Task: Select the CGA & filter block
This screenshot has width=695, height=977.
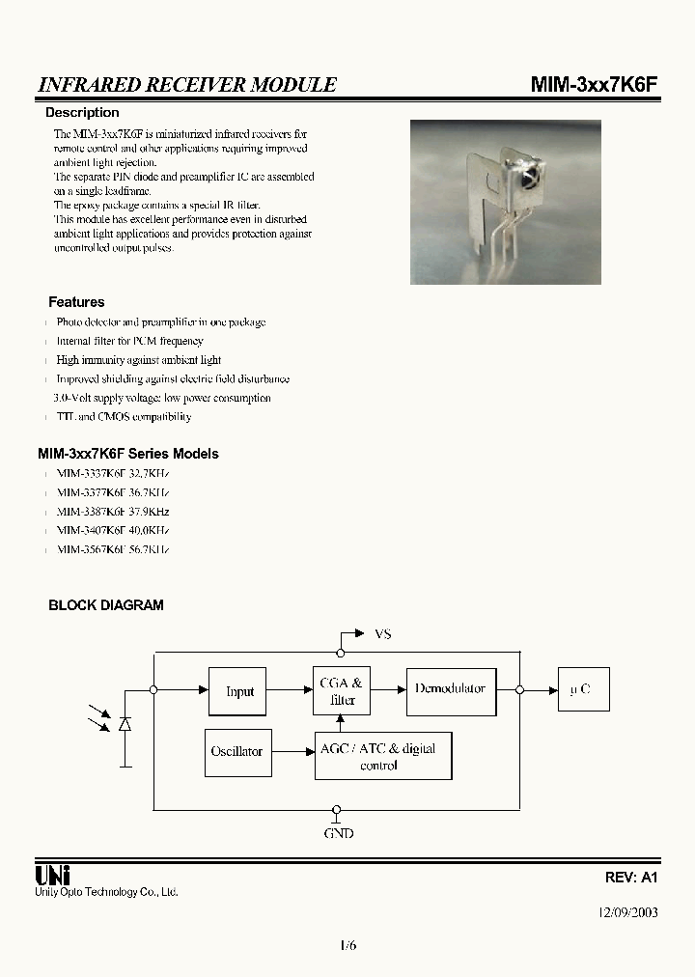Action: pyautogui.click(x=342, y=691)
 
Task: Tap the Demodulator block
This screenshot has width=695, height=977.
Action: pyautogui.click(x=451, y=689)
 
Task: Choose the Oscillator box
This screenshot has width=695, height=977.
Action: pyautogui.click(x=236, y=751)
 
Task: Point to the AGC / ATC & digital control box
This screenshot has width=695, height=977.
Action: pyautogui.click(x=383, y=756)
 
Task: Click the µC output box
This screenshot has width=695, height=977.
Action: pyautogui.click(x=583, y=690)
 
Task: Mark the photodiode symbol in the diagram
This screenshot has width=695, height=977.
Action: pyautogui.click(x=125, y=723)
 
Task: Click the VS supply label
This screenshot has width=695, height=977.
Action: pyautogui.click(x=382, y=634)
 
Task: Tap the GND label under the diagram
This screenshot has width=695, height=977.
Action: pyautogui.click(x=338, y=832)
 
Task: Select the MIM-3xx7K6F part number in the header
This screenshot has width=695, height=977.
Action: pyautogui.click(x=595, y=85)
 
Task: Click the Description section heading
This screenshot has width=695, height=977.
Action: pyautogui.click(x=82, y=113)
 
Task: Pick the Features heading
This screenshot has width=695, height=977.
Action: pyautogui.click(x=76, y=302)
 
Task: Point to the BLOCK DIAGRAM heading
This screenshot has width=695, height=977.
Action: pyautogui.click(x=106, y=605)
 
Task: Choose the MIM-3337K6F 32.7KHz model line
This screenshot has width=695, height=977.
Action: pyautogui.click(x=113, y=473)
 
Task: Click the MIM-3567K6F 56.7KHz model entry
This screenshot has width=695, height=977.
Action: pyautogui.click(x=113, y=549)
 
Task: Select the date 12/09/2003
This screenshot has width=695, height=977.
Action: pyautogui.click(x=627, y=911)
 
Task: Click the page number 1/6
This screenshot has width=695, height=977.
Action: pyautogui.click(x=347, y=945)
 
